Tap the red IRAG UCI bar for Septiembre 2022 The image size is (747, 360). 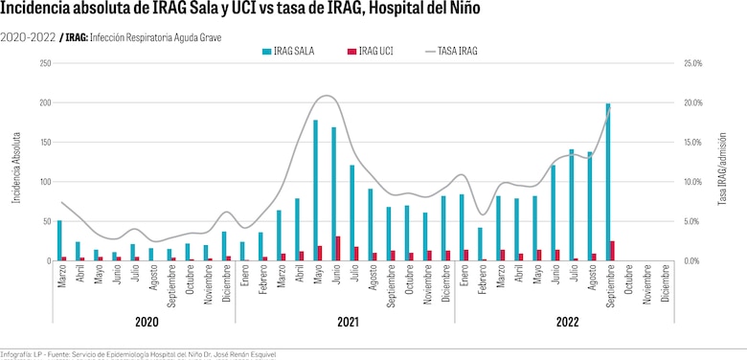point(612,251)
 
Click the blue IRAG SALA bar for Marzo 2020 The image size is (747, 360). point(59,240)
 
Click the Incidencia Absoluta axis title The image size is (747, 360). point(16,163)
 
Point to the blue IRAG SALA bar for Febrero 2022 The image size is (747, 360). point(480,244)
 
